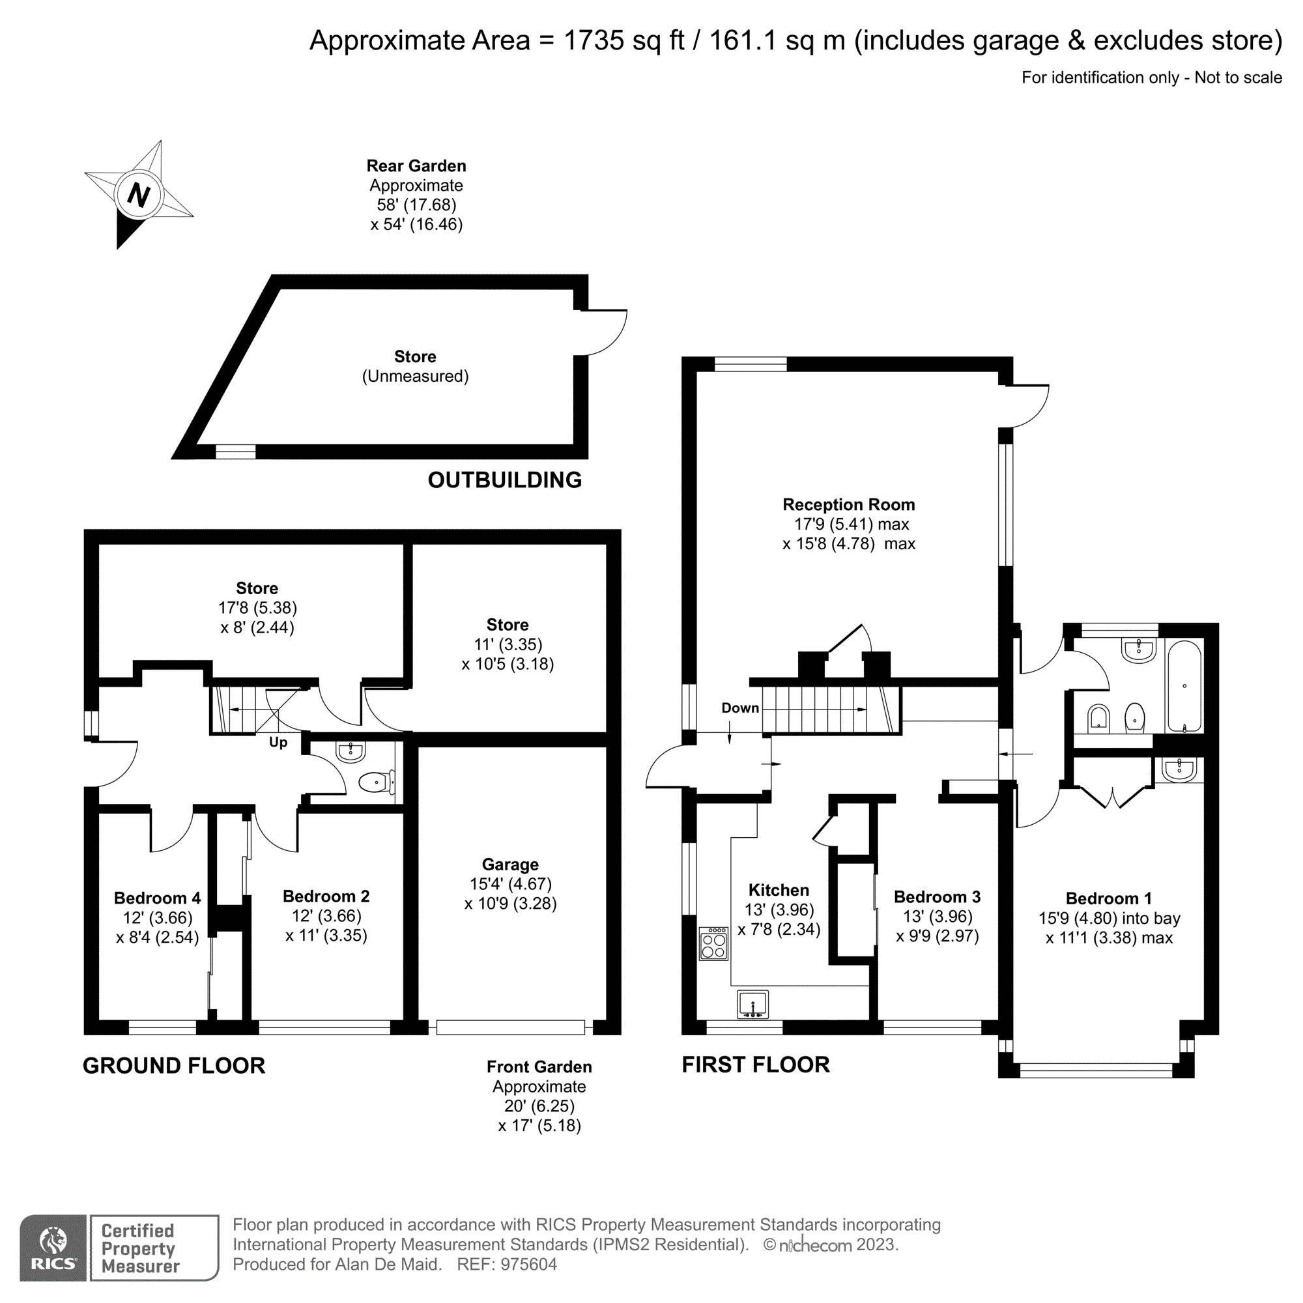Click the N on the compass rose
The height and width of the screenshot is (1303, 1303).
[x=138, y=195]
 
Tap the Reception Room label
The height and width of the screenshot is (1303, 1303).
[x=848, y=504]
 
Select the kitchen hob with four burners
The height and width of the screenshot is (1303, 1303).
[x=713, y=943]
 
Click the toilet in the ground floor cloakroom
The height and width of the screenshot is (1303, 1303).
[x=377, y=782]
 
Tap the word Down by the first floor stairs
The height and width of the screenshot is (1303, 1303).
[x=740, y=708]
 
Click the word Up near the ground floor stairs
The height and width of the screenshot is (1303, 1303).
[x=278, y=743]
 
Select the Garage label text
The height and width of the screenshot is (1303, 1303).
[x=510, y=865]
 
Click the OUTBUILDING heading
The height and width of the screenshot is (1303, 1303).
[x=504, y=480]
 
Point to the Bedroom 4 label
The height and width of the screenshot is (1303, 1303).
[x=157, y=898]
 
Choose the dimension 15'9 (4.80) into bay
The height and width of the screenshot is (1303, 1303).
[x=1109, y=919]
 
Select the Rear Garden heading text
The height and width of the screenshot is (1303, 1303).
[x=416, y=166]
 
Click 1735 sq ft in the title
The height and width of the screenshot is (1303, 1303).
[x=624, y=40]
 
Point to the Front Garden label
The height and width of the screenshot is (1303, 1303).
[x=539, y=1067]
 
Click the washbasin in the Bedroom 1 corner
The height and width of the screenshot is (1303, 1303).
[x=1179, y=768]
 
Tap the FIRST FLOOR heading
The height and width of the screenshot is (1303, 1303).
[x=755, y=1065]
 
